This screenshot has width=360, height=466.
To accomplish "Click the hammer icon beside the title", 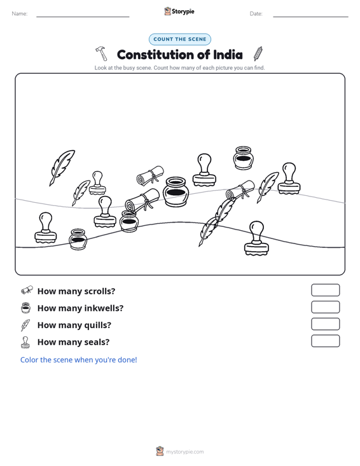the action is (x=101, y=53).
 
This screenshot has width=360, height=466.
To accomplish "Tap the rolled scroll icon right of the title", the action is (x=258, y=53).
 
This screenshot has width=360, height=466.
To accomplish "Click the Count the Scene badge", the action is (x=180, y=39).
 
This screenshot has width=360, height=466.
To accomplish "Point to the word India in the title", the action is (x=228, y=55).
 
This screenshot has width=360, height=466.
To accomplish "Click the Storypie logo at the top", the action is (x=179, y=11).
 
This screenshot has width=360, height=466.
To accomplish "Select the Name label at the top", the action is (x=20, y=14).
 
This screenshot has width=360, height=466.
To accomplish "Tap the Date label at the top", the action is (x=256, y=14).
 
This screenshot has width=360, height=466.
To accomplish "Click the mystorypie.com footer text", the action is (x=184, y=452).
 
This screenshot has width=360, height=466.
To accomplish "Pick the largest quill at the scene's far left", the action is (x=62, y=168).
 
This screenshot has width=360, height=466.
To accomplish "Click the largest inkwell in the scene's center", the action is (x=176, y=192).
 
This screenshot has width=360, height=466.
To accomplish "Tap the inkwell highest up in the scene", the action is (x=243, y=158).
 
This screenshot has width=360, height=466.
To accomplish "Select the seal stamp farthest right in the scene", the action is (x=289, y=178).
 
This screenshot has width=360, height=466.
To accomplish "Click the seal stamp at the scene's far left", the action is (x=46, y=228).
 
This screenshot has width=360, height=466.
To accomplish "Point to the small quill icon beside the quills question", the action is (x=25, y=325).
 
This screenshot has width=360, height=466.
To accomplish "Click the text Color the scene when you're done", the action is (x=78, y=360).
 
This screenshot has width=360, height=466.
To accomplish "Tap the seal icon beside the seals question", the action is (x=25, y=342).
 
